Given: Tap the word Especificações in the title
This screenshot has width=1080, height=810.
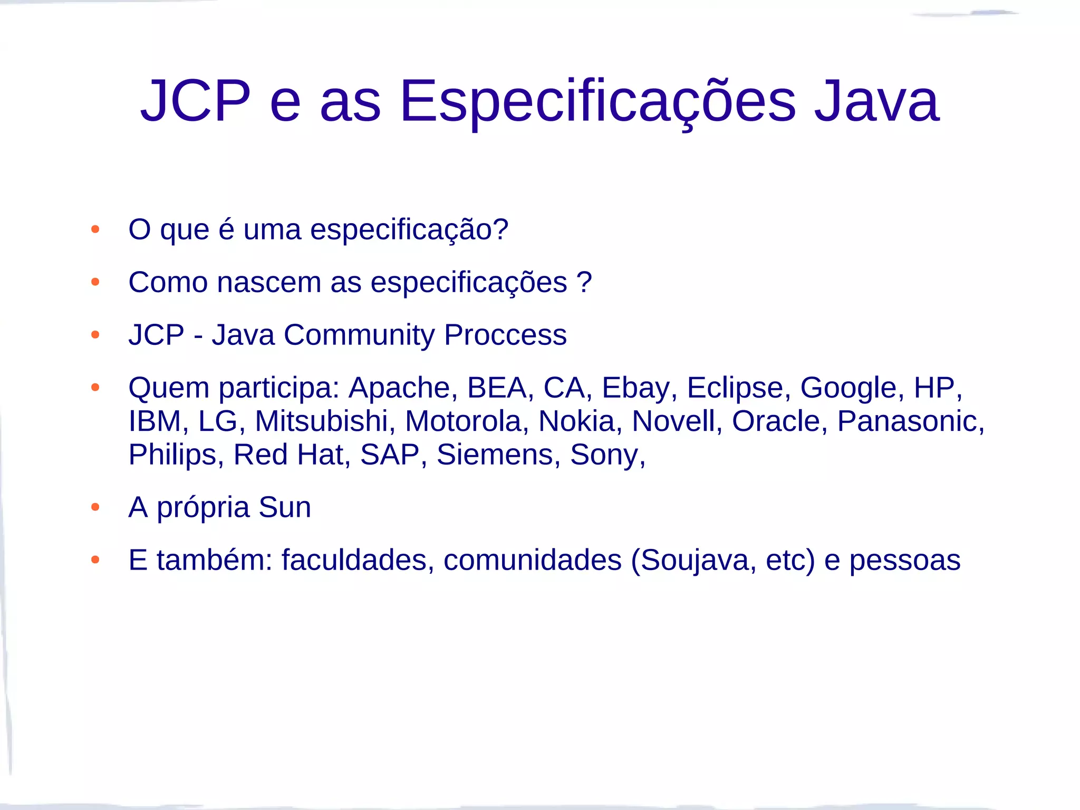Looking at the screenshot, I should coord(597,101).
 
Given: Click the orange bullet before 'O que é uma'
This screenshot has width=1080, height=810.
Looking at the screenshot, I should coord(95,229).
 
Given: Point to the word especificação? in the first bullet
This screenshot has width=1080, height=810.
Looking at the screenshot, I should coord(409,230).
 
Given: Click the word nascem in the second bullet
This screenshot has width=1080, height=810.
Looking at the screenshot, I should coord(269,283).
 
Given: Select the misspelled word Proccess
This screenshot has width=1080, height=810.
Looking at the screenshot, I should coord(505,335).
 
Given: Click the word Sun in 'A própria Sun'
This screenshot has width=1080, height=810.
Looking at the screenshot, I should coord(285,507).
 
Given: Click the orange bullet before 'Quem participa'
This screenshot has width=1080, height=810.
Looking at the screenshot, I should coord(95,388).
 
